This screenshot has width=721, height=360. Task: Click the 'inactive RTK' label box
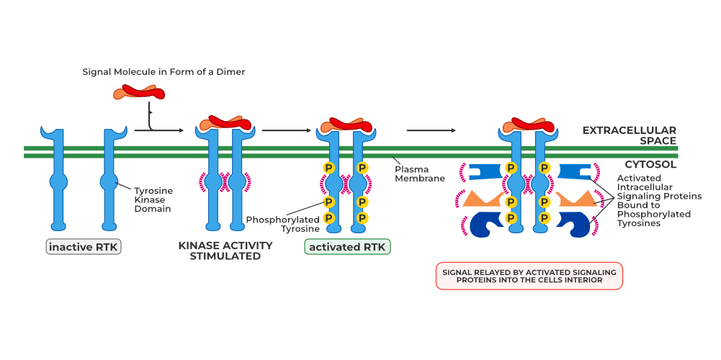coord(84,247)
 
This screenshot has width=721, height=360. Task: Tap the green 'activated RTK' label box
coord(347,247)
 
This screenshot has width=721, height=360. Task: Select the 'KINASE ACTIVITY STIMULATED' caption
coord(225,251)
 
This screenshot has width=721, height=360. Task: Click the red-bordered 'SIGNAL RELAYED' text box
coord(529,275)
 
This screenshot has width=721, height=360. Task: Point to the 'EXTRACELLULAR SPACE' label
coord(629,135)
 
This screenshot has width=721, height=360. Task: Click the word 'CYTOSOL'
coord(650,164)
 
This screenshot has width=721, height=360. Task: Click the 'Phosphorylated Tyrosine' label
coord(282,224)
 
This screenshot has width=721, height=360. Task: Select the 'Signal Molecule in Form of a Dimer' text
coord(164,72)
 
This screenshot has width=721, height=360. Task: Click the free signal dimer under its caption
coord(139,92)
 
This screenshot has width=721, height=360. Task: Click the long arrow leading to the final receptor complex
coord(431,130)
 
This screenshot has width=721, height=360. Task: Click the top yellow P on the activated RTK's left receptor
coord(329,168)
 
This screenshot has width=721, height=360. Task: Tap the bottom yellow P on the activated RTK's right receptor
coord(362,217)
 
